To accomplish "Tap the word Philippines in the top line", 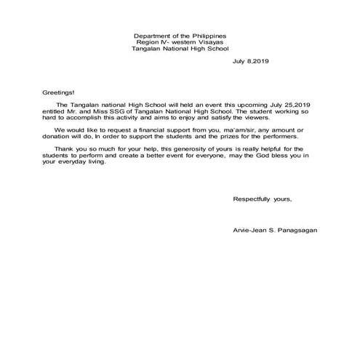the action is tap(208, 36).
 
